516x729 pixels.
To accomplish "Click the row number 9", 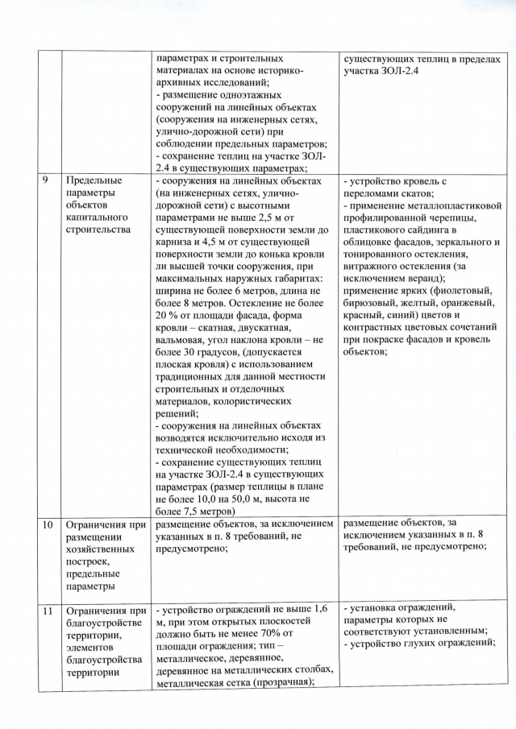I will (x=48, y=180).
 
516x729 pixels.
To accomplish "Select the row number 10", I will (x=50, y=524).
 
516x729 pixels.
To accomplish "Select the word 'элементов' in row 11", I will (x=92, y=644).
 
